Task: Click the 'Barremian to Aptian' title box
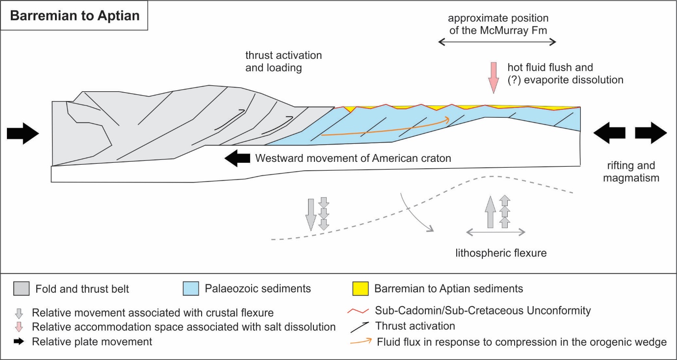75,16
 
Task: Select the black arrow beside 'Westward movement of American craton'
236,158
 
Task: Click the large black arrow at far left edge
23,132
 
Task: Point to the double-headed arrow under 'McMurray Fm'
497,43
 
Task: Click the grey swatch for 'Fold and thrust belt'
21,289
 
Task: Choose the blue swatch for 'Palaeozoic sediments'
190,289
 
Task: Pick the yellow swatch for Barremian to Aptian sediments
360,289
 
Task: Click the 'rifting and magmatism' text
630,172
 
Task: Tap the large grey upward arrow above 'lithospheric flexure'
490,211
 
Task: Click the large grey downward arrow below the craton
310,214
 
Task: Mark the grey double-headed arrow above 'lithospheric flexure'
495,231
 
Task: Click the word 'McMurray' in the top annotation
514,30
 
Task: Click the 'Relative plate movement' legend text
92,342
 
